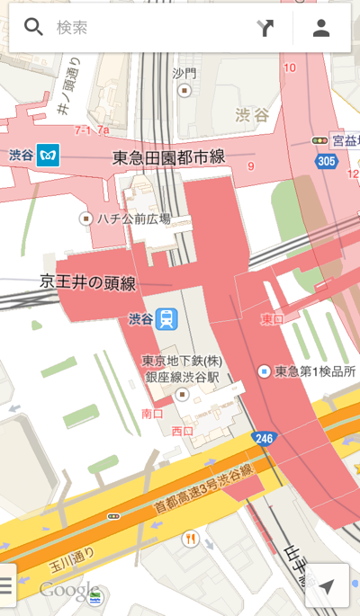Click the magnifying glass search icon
33,27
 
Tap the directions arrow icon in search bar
265,28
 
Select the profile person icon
321,28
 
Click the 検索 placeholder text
72,28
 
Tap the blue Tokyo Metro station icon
49,155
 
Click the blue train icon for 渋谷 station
166,318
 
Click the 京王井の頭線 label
87,282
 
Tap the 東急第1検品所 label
315,371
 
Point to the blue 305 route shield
326,161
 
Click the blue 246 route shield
263,439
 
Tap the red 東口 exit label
271,319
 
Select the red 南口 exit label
153,414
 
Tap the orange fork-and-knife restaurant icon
190,539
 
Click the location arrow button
327,586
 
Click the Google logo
68,591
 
